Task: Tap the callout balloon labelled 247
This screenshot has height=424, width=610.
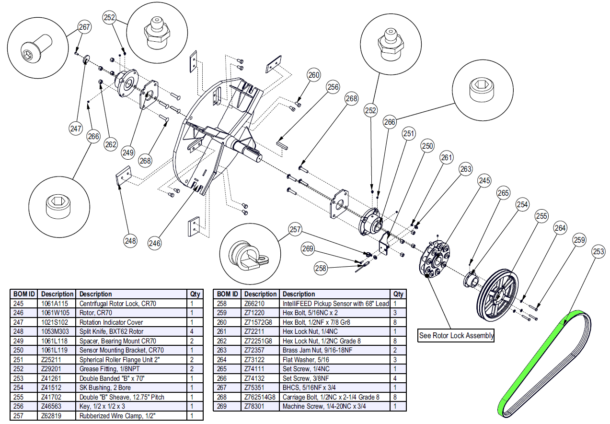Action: coord(76,129)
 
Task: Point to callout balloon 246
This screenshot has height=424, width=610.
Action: coord(154,243)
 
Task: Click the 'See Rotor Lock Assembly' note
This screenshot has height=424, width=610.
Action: coord(456,335)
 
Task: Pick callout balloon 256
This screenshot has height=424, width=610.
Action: coord(333,87)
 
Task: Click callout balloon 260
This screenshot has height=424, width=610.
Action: coord(314,75)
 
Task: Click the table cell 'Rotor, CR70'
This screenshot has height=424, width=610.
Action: coord(95,313)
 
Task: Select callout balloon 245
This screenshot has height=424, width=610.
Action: coord(484,181)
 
